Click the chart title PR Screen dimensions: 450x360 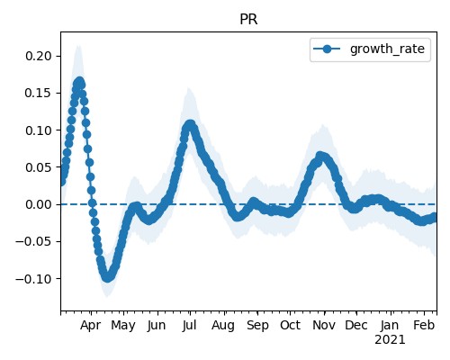[248, 20]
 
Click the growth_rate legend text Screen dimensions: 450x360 [387, 49]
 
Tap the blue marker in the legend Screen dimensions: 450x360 [327, 49]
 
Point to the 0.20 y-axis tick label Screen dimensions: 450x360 [39, 56]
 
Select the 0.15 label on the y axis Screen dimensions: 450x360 [39, 93]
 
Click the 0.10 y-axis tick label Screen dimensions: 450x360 [39, 130]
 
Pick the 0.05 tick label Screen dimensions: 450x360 [39, 167]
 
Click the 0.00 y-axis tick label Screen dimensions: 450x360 [39, 204]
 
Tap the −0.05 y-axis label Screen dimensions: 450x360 [34, 241]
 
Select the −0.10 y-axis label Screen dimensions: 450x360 [34, 279]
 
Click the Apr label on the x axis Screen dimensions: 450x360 [91, 326]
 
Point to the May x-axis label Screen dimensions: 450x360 [123, 326]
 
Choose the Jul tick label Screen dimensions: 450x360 [189, 326]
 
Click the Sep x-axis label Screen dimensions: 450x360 [257, 326]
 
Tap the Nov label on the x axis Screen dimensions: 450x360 [324, 326]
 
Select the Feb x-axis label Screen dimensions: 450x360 [424, 326]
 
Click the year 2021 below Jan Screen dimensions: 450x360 [390, 340]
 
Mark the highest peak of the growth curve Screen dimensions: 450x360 [79, 82]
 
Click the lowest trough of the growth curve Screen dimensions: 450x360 [107, 277]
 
